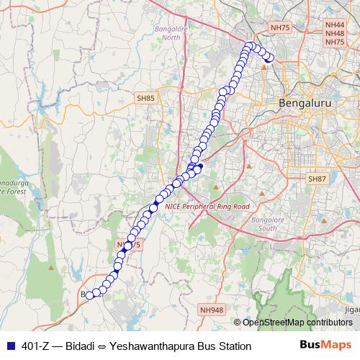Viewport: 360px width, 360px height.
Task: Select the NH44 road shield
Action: tap(334, 24)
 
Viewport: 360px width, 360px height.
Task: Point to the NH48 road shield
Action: tap(334, 33)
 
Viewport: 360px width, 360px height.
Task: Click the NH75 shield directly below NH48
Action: tap(334, 42)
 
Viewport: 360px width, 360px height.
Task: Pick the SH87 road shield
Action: tap(317, 179)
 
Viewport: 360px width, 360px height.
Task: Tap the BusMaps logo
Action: tap(325, 346)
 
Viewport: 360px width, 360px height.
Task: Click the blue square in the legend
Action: tap(11, 346)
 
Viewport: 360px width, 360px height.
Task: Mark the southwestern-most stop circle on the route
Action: tap(89, 294)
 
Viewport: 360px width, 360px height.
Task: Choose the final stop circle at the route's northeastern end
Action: tap(271, 60)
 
